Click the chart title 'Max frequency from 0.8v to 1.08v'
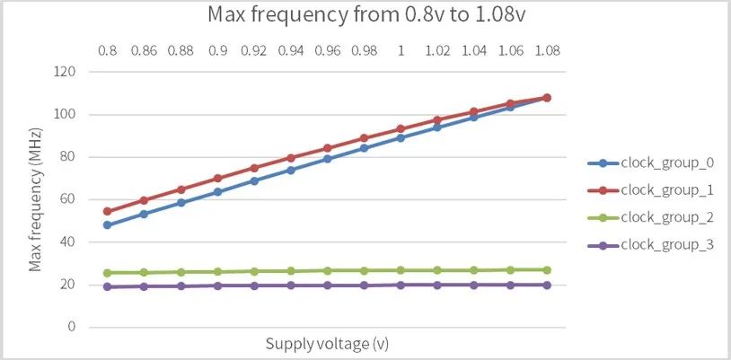tap(364, 15)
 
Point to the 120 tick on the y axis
tap(63, 72)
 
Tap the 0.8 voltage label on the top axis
tap(108, 51)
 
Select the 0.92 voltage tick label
tap(254, 51)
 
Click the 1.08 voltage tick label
tap(546, 51)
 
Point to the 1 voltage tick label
tap(401, 51)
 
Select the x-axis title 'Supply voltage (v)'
tap(327, 344)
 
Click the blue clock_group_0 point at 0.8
tap(108, 224)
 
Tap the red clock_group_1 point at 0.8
tap(108, 211)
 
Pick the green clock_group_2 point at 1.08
tap(546, 269)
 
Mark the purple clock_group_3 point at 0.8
tap(108, 286)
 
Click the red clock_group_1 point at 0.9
tap(217, 178)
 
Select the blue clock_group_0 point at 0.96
tap(328, 159)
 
